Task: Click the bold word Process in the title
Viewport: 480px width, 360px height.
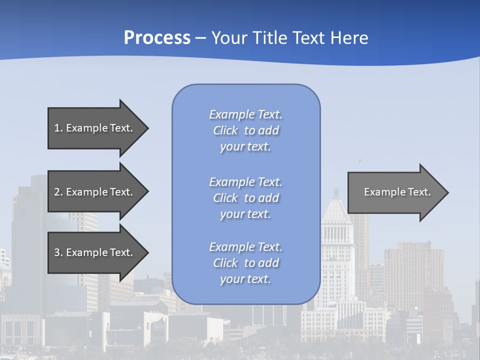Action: (157, 38)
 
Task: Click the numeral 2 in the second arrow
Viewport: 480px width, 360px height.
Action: (57, 192)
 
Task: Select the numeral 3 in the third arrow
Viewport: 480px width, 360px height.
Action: (57, 252)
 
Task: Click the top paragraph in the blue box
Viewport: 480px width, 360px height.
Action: (245, 130)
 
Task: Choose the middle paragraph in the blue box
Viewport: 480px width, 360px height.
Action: (245, 198)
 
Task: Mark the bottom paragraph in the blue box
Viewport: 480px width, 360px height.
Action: (245, 263)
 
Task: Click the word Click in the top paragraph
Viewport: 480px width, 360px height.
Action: (225, 130)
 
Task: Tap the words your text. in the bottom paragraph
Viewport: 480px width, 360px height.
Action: (245, 279)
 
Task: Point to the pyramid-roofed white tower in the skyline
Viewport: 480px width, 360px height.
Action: (336, 210)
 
